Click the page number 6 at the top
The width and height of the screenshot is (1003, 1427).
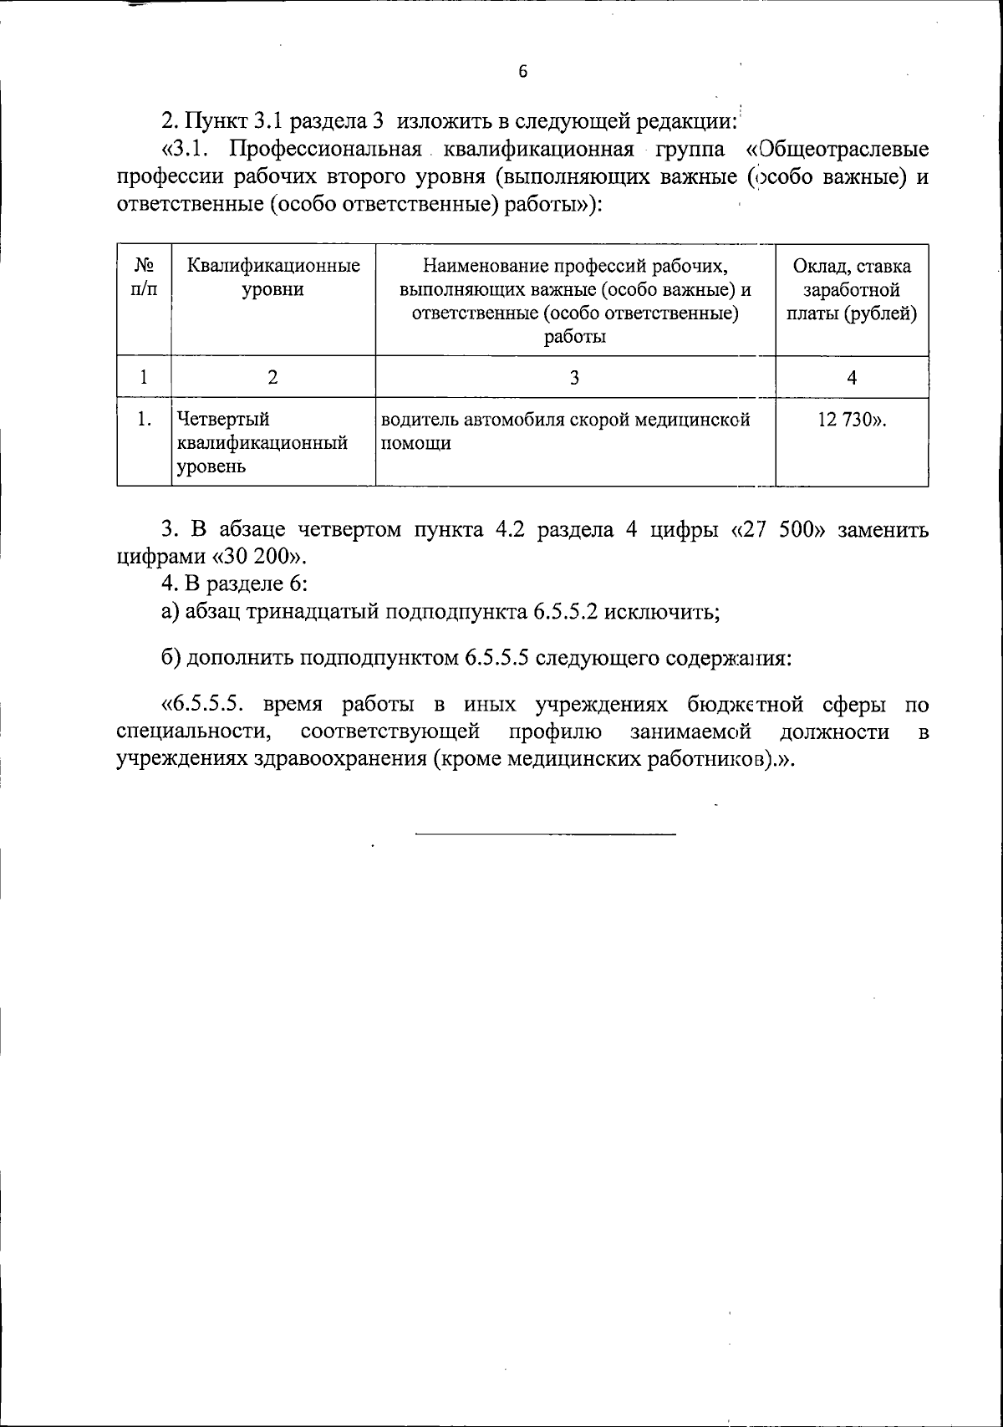click(523, 72)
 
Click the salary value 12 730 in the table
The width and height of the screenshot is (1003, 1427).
click(848, 420)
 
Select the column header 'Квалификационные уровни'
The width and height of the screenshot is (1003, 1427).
click(273, 278)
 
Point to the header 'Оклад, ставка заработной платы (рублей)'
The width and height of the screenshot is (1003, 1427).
click(852, 290)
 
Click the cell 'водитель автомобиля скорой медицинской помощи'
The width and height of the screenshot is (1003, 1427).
click(566, 431)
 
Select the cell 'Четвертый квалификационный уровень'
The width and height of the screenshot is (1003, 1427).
click(261, 442)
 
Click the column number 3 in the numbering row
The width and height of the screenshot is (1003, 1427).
click(574, 377)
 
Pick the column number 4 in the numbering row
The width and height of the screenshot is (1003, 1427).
click(852, 377)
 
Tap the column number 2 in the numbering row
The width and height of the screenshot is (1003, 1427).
click(272, 377)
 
